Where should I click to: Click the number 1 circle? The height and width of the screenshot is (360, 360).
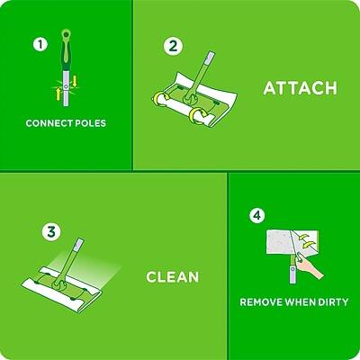[x=38, y=43]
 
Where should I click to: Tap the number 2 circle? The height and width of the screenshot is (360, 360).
[x=173, y=46]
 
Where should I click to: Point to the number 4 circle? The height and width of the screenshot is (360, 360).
[x=257, y=215]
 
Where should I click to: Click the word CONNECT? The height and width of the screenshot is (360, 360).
[x=47, y=122]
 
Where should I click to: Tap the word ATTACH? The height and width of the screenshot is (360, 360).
[x=299, y=88]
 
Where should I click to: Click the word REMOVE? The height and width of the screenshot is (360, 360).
[x=263, y=302]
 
